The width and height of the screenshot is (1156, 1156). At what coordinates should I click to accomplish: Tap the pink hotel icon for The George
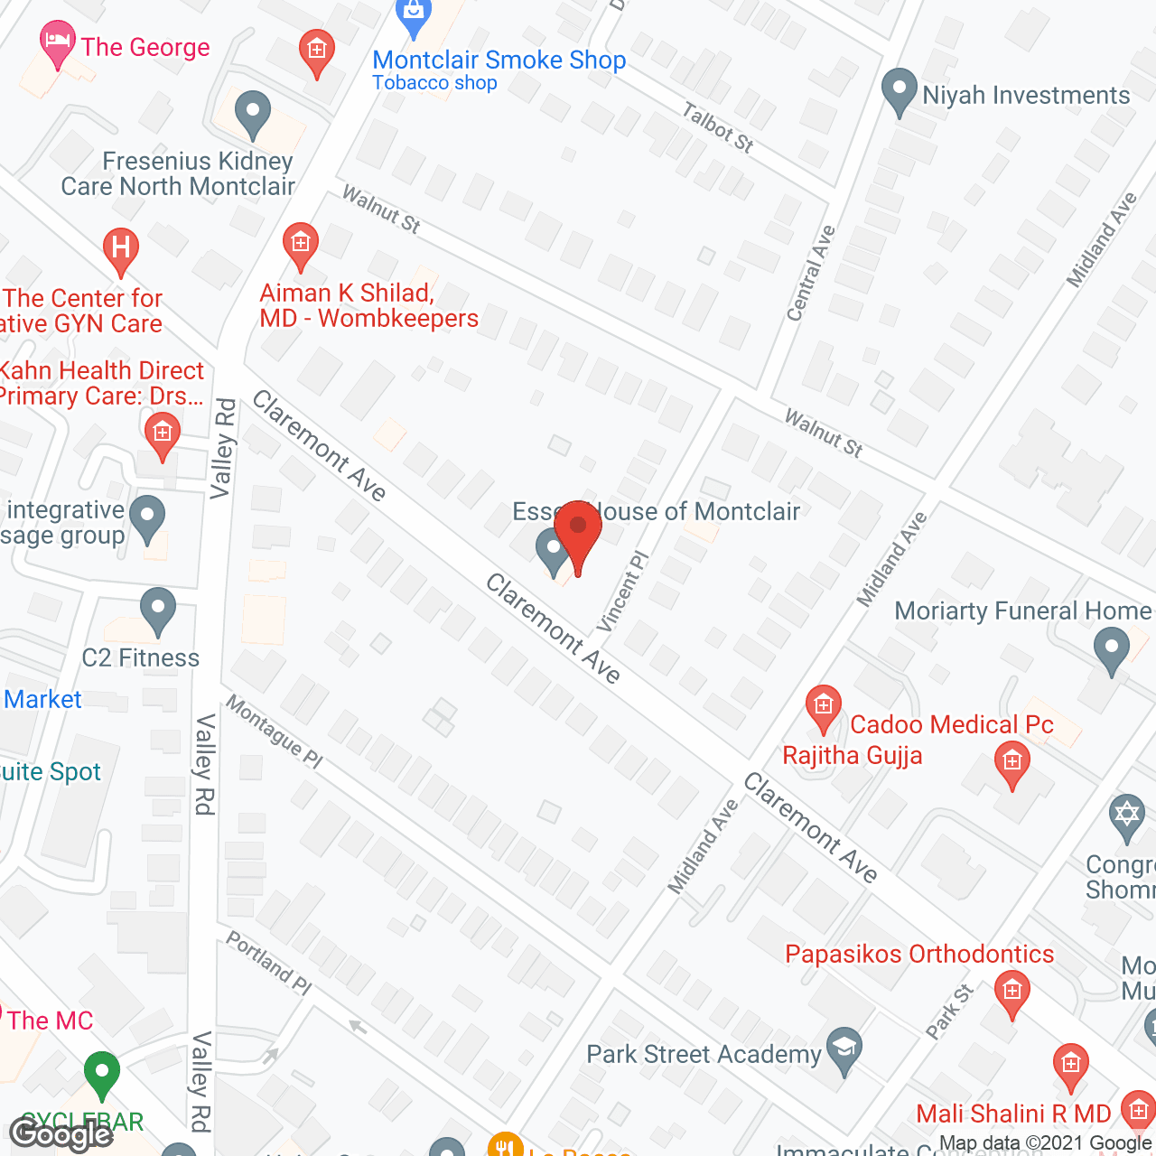click(58, 43)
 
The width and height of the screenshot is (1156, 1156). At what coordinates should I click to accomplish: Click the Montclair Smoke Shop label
click(499, 61)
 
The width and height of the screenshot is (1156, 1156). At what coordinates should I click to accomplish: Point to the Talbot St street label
click(718, 127)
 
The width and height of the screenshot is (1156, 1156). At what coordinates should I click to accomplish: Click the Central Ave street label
click(810, 274)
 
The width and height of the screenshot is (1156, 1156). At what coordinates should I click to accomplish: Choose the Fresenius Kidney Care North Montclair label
click(178, 173)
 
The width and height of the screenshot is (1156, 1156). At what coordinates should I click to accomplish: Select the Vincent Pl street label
click(622, 592)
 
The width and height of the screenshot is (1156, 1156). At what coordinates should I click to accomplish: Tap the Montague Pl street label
click(274, 732)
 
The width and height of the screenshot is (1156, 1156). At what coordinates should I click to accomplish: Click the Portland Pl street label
click(268, 963)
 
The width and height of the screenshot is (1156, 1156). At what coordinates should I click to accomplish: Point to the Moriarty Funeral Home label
click(1022, 611)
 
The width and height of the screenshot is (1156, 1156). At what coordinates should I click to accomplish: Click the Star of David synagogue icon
click(1126, 816)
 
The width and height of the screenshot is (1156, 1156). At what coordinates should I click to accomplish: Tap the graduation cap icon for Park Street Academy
click(844, 1049)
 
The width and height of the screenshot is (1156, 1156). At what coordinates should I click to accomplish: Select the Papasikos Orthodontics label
click(919, 955)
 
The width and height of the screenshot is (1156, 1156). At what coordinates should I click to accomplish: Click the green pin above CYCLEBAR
click(102, 1075)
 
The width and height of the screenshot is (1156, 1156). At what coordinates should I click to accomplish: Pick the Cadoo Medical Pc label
click(952, 725)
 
